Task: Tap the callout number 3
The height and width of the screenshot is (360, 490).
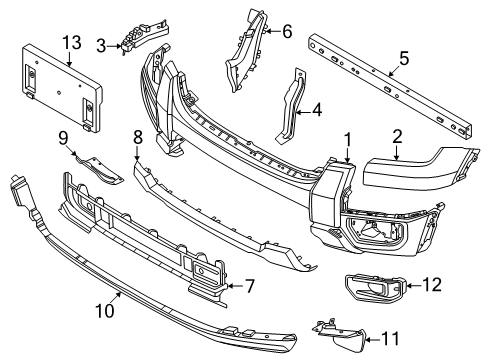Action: click(101, 46)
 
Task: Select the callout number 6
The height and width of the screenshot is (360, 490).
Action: click(287, 31)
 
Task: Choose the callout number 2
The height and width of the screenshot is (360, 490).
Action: click(397, 138)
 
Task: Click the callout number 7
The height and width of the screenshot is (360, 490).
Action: click(250, 286)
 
